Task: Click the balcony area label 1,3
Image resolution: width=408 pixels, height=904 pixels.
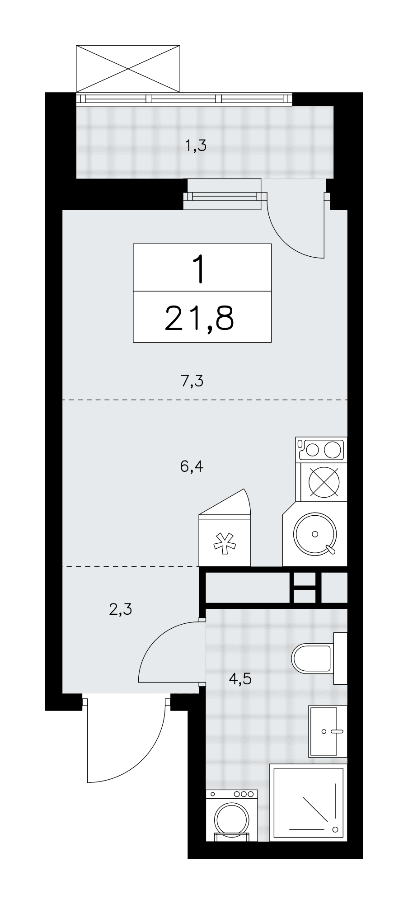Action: click(x=196, y=146)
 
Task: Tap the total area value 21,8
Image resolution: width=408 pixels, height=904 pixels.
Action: click(x=199, y=318)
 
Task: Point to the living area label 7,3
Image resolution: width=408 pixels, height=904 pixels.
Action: click(x=192, y=381)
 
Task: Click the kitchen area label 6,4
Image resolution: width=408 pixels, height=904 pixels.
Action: click(x=192, y=466)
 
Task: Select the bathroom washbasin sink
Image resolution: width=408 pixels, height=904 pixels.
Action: click(x=328, y=731)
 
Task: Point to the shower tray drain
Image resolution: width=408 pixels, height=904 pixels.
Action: click(x=335, y=829)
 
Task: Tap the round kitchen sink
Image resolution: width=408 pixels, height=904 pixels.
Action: click(x=314, y=534)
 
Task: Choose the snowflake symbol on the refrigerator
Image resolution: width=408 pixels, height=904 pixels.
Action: click(x=225, y=542)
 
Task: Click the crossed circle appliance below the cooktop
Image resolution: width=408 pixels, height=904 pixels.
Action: click(x=324, y=482)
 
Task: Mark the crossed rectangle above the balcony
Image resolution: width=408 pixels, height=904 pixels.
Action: click(x=128, y=69)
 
